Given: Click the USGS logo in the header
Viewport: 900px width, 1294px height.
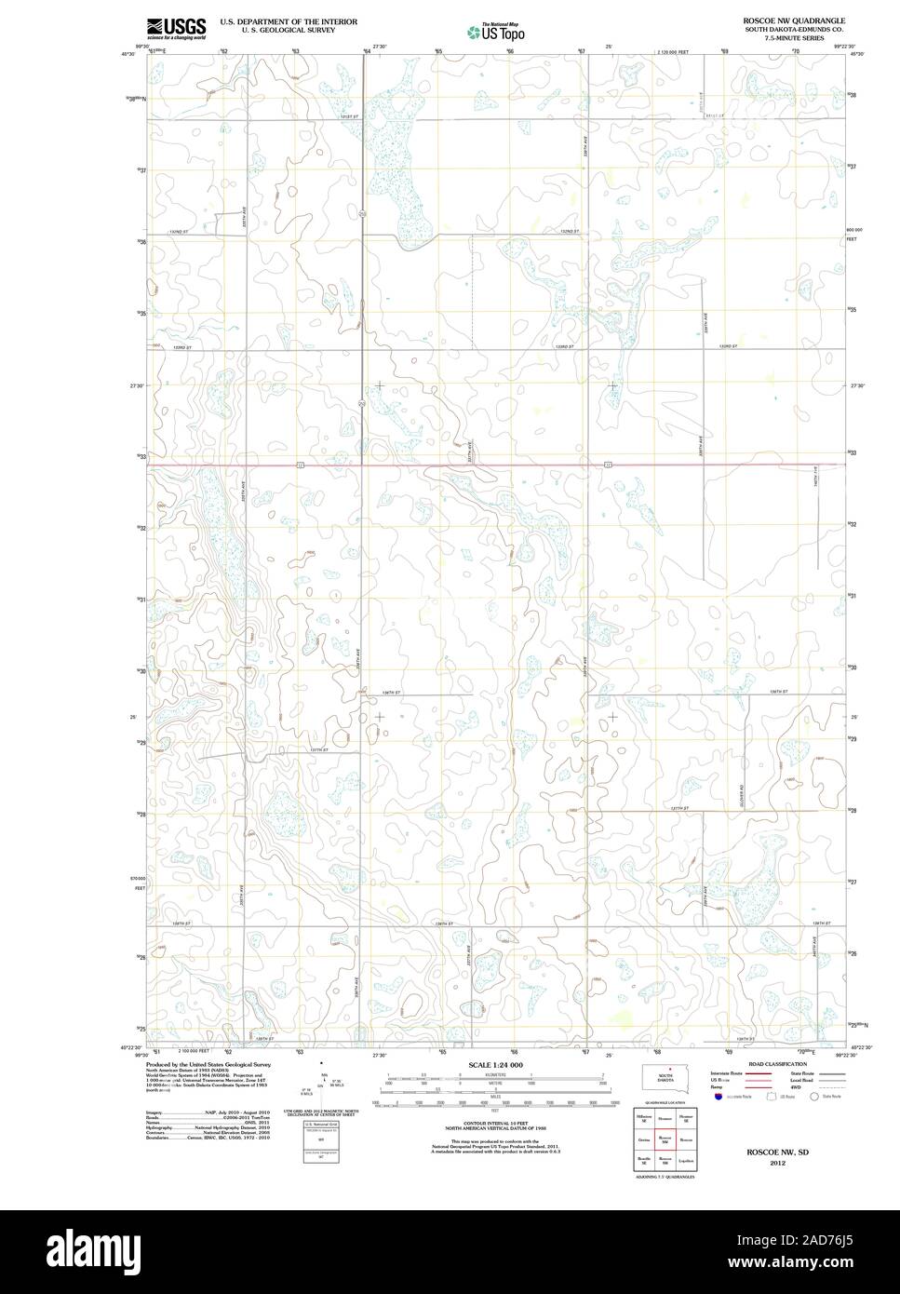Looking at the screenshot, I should click(176, 27).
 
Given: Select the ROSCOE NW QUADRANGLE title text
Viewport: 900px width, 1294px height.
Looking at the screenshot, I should click(794, 20).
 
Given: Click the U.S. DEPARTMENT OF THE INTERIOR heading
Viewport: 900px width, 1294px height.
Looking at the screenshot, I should click(288, 20).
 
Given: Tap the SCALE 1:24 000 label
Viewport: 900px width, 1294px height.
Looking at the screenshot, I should click(495, 1064).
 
